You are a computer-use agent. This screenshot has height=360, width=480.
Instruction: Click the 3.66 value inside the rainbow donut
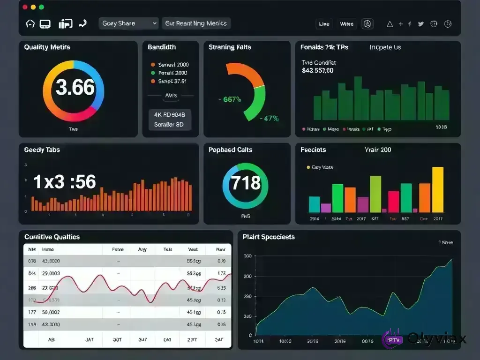(x=75, y=88)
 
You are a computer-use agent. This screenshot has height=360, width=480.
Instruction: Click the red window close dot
(x=24, y=7)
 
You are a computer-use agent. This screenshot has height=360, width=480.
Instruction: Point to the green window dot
(x=41, y=7)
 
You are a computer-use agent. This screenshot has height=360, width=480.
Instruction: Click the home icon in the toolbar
(x=30, y=23)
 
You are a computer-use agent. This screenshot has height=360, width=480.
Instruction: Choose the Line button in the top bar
(x=324, y=24)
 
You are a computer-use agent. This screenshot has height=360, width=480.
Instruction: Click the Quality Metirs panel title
(x=47, y=47)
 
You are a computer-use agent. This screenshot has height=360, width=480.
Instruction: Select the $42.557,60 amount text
(x=318, y=71)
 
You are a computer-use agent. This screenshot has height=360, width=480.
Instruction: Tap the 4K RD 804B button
(x=170, y=114)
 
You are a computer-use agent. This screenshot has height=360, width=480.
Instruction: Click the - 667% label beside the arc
(x=230, y=99)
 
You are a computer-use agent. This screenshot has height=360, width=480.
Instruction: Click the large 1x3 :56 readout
(x=65, y=182)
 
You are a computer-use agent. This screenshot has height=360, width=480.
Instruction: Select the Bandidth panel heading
(x=162, y=47)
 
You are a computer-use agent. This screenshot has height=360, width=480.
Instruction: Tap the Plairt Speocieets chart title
(x=269, y=237)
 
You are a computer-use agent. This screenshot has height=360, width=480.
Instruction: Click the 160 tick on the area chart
(x=247, y=256)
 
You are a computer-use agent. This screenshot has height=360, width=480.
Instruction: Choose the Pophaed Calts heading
(x=230, y=150)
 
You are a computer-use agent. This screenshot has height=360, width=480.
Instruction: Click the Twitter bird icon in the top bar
(x=420, y=24)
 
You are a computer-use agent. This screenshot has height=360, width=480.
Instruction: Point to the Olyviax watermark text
(x=436, y=338)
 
